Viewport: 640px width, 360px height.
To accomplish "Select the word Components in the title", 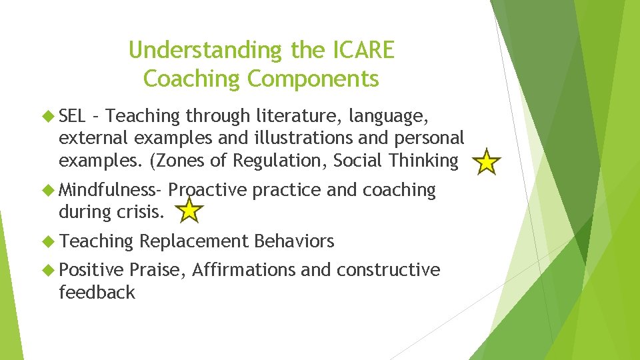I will click(313, 79).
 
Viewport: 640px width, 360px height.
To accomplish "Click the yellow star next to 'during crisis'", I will click(191, 212).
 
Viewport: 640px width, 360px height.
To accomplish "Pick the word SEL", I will click(72, 117).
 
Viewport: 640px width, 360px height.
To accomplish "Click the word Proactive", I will click(208, 190).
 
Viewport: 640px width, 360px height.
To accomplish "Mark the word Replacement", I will click(194, 241).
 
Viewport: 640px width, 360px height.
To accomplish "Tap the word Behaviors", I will click(294, 241).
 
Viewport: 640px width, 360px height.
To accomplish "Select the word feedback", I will click(97, 292).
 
